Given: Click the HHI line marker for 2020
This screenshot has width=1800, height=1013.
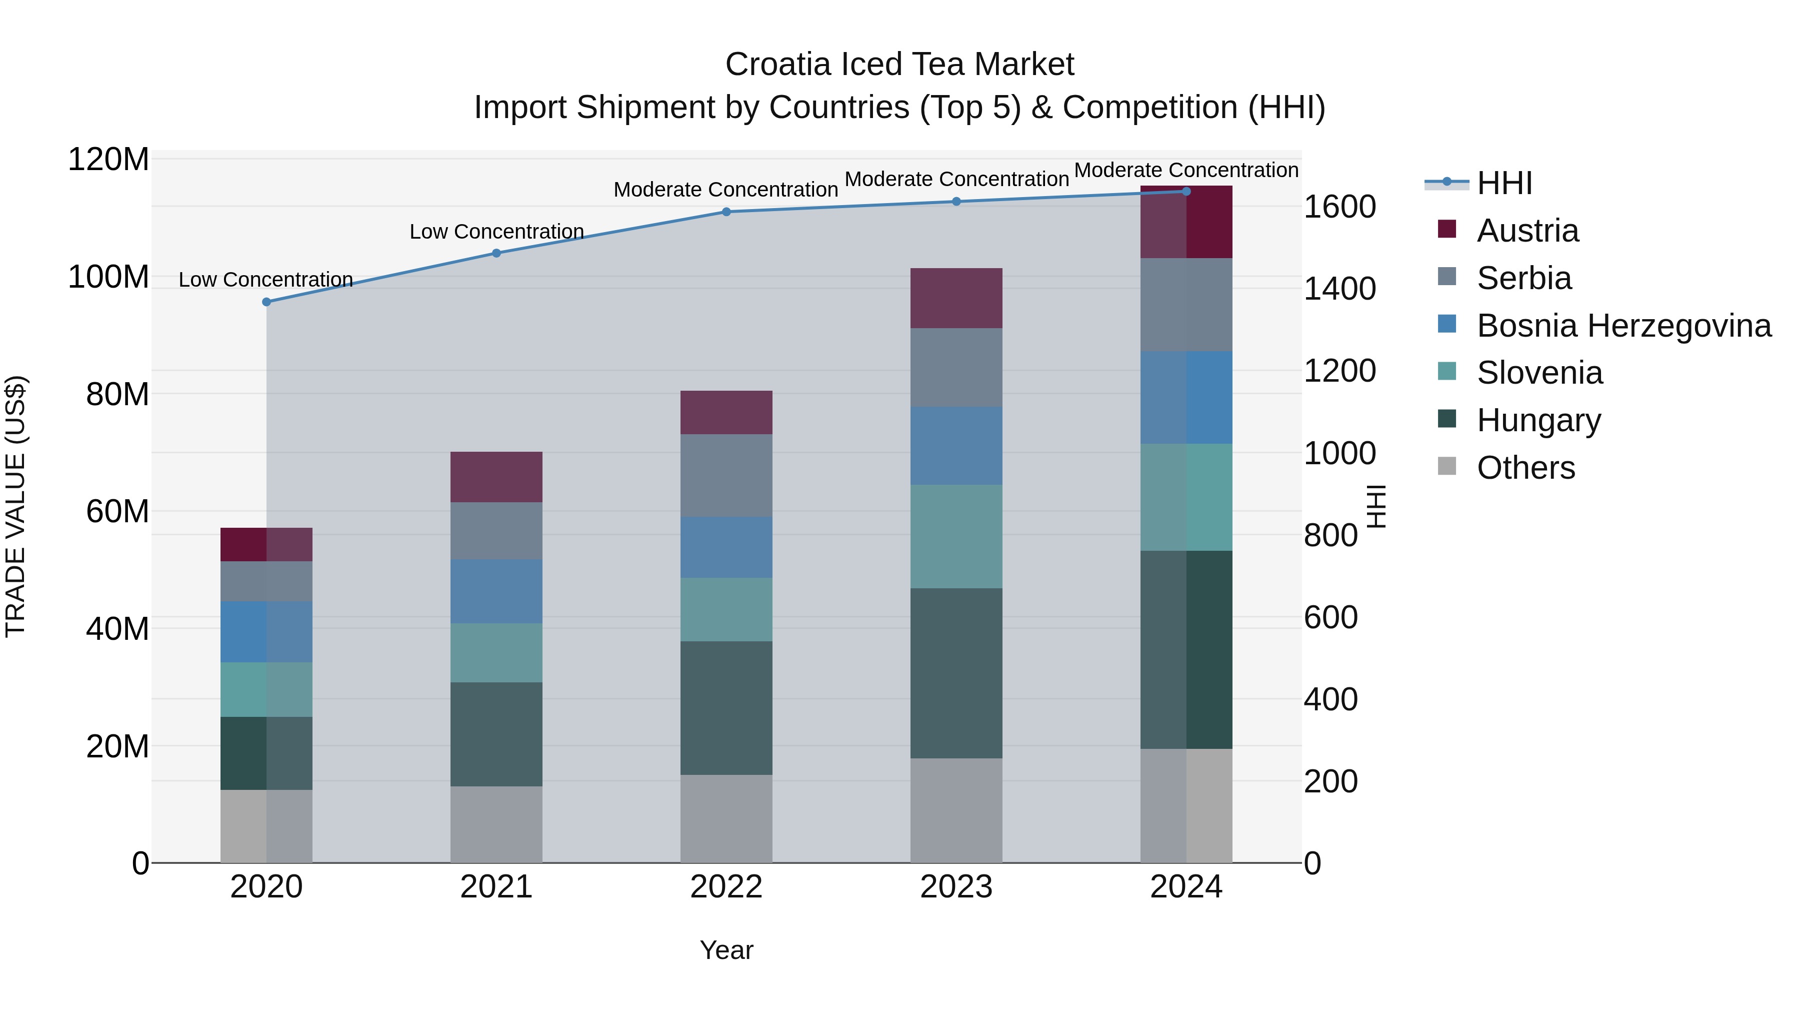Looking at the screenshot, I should click(x=266, y=302).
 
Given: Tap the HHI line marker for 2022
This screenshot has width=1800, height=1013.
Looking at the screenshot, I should click(x=726, y=212).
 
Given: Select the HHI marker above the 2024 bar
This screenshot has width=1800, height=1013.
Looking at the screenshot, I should click(x=1186, y=192).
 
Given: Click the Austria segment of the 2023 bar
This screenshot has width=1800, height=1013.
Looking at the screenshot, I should click(x=956, y=299).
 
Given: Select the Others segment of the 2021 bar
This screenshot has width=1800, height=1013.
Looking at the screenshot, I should click(x=496, y=824).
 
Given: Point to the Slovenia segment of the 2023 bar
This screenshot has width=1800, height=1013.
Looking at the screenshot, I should click(x=956, y=536).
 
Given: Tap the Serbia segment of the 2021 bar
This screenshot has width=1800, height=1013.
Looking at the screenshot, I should click(x=496, y=531).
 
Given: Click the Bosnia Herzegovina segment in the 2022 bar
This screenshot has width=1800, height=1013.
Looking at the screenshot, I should click(x=726, y=547).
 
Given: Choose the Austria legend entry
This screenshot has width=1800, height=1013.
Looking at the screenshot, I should click(x=1527, y=231).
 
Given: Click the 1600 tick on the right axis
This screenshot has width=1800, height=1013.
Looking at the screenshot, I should click(x=1339, y=207).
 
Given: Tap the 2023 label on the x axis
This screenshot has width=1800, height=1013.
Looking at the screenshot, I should click(x=956, y=887).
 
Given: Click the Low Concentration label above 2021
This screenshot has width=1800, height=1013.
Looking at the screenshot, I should click(x=496, y=232).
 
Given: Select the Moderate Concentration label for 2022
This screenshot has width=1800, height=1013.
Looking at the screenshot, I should click(x=725, y=190).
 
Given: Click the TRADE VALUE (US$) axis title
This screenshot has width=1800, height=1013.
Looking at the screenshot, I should click(x=15, y=506).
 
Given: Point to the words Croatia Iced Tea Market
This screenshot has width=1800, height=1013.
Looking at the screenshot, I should click(x=899, y=65).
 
